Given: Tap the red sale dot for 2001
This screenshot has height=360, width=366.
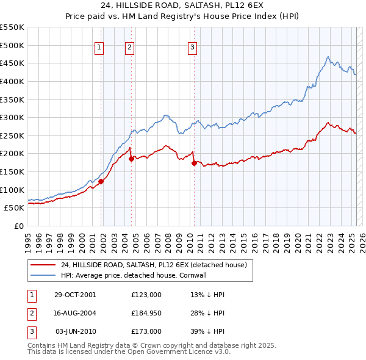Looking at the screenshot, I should (101, 181).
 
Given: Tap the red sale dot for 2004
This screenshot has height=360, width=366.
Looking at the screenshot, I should (131, 159).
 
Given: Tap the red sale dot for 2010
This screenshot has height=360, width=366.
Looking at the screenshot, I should (194, 163).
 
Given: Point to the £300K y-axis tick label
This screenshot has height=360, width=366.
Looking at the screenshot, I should (12, 117).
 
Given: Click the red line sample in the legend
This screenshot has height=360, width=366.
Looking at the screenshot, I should (42, 265).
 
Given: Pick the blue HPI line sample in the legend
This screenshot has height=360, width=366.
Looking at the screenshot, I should (42, 275).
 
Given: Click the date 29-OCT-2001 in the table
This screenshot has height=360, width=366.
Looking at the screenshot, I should (76, 294).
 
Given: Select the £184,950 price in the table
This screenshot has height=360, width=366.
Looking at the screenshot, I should (146, 313).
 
